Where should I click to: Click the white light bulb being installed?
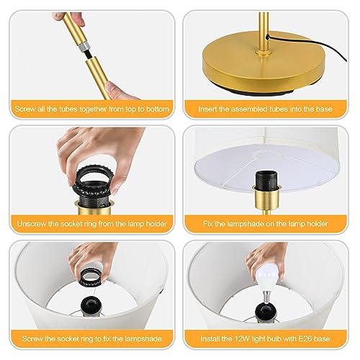268,279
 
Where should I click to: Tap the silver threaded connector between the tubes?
84,48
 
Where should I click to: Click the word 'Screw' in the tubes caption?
25,109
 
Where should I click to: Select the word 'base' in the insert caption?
324,109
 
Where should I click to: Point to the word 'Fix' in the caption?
208,224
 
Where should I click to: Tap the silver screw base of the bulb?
265,297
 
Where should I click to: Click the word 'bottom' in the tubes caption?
158,109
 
